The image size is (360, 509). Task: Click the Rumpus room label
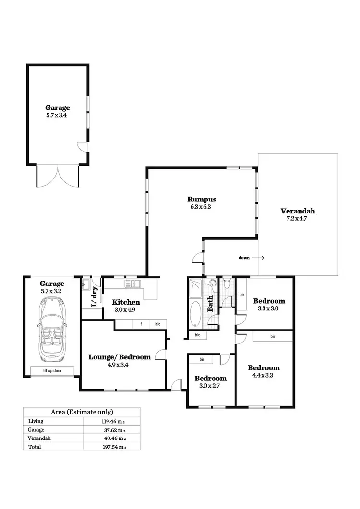point(202,199)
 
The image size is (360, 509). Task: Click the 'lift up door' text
point(52,370)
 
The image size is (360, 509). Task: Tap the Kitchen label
point(126,302)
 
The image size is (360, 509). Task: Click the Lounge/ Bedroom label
point(120,357)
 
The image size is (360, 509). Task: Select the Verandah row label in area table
point(39,438)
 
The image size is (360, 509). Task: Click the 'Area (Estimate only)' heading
point(82,412)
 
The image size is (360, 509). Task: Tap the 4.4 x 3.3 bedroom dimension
point(264,376)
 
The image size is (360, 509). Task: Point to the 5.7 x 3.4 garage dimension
point(57,115)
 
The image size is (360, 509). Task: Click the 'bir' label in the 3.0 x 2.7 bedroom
point(202,359)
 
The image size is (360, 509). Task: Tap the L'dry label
point(95,296)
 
